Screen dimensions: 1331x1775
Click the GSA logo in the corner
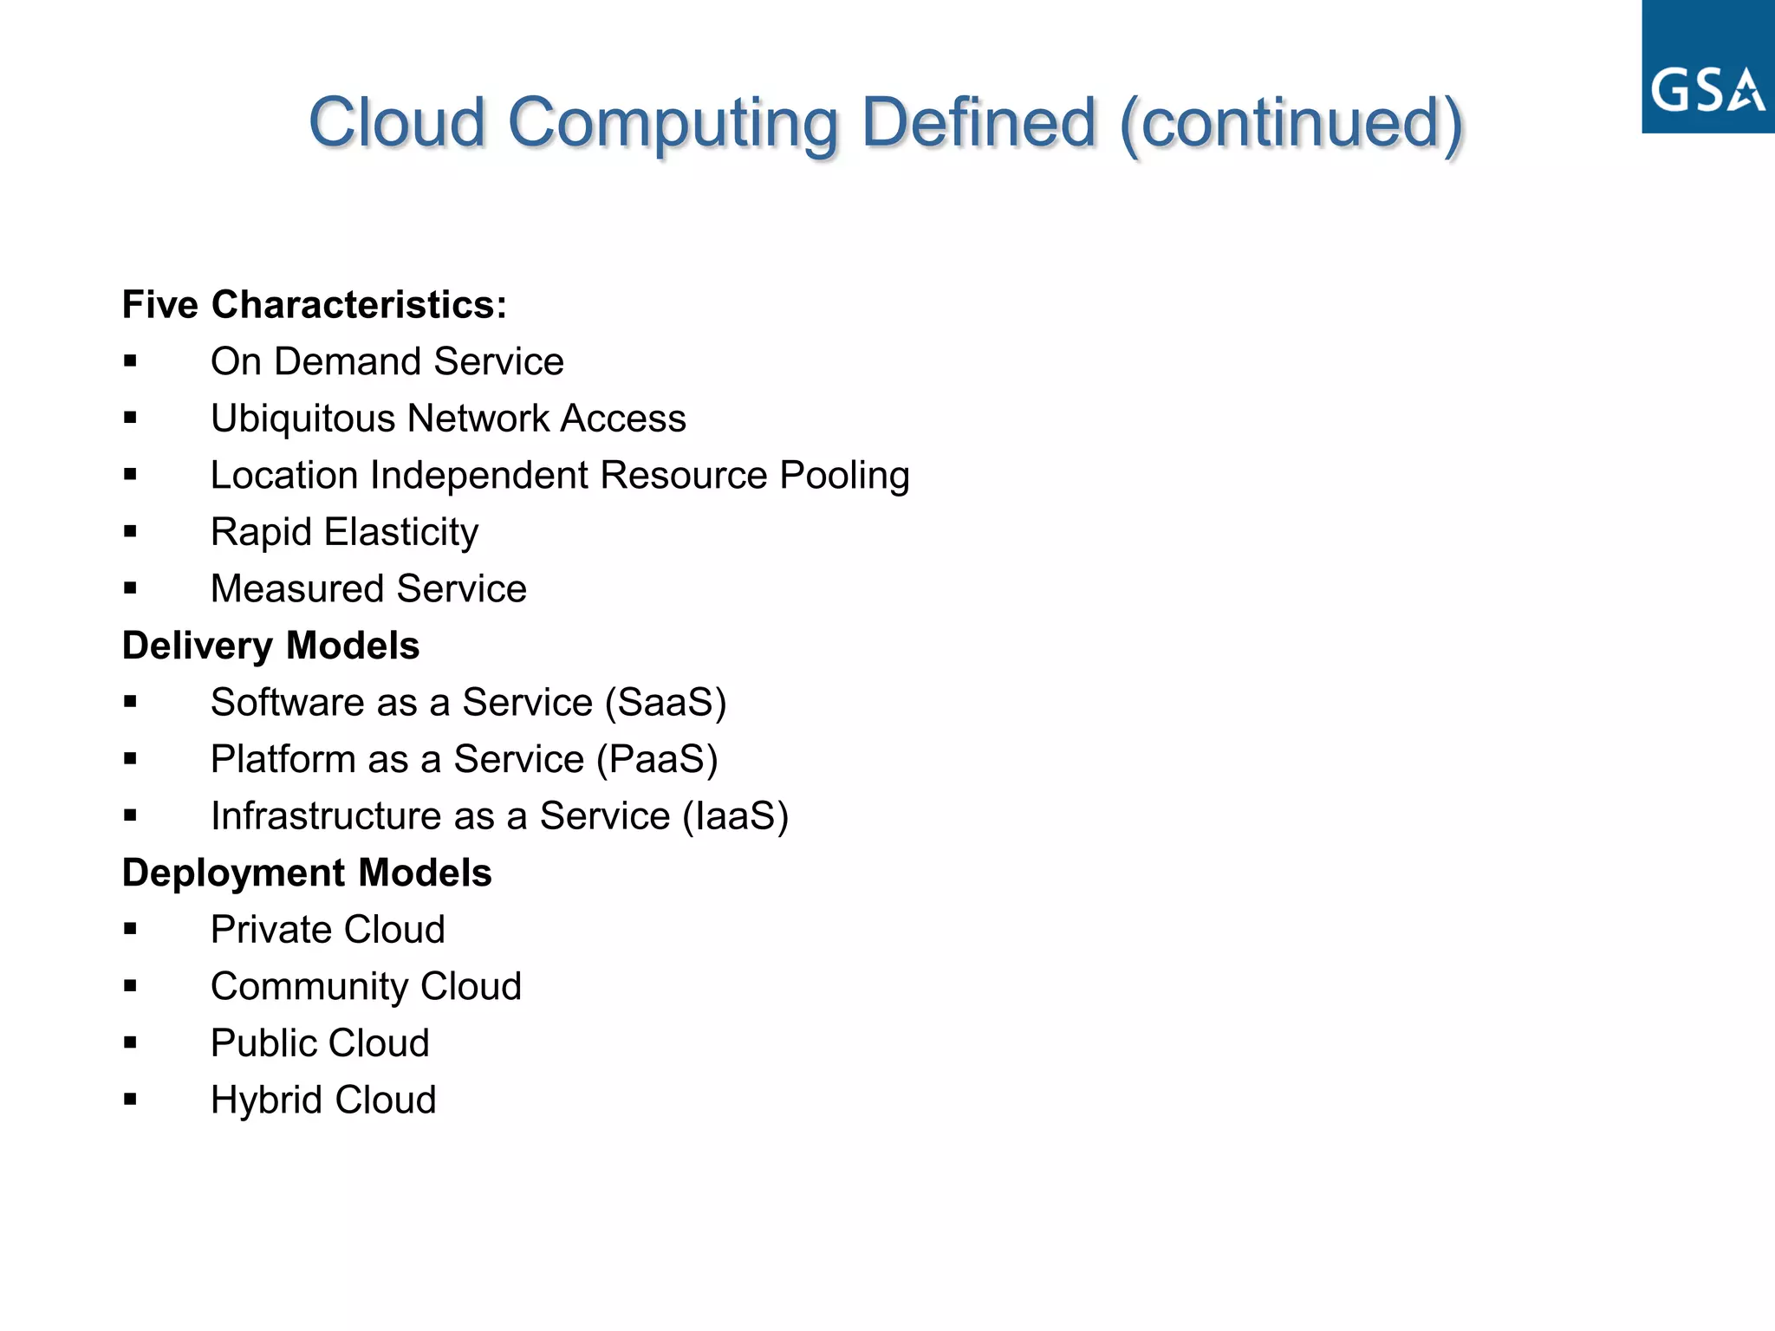[x=1707, y=68]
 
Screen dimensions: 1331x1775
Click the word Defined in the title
[x=979, y=122]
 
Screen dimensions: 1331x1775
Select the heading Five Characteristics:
[x=314, y=305]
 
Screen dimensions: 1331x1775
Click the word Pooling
[x=844, y=477]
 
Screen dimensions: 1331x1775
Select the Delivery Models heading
[x=270, y=646]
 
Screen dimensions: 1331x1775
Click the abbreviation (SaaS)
[x=666, y=703]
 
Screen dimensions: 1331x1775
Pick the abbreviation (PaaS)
[x=657, y=760]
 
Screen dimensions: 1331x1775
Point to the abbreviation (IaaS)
[x=736, y=816]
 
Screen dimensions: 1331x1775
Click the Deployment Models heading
[x=307, y=873]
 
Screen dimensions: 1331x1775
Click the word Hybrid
[x=266, y=1101]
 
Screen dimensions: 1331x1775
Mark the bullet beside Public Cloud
[x=130, y=1043]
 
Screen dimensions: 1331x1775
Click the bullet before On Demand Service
[x=130, y=361]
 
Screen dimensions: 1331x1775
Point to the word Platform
[x=283, y=760]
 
